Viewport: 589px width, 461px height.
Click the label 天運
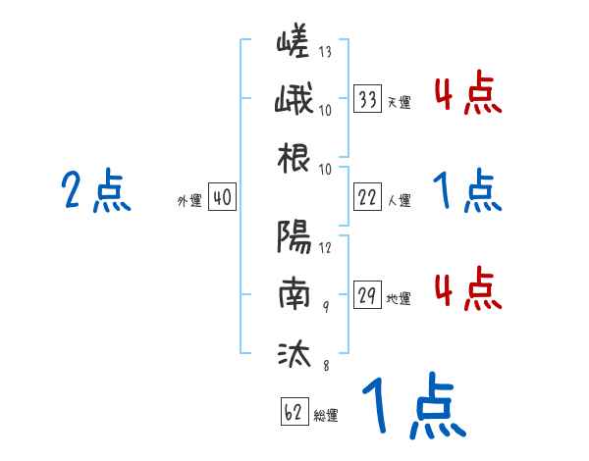pos(399,102)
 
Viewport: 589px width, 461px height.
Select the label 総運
pos(326,415)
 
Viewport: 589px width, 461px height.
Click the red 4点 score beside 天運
pos(466,94)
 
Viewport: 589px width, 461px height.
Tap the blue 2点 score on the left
pos(95,190)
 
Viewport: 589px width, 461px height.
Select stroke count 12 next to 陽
pos(325,246)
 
